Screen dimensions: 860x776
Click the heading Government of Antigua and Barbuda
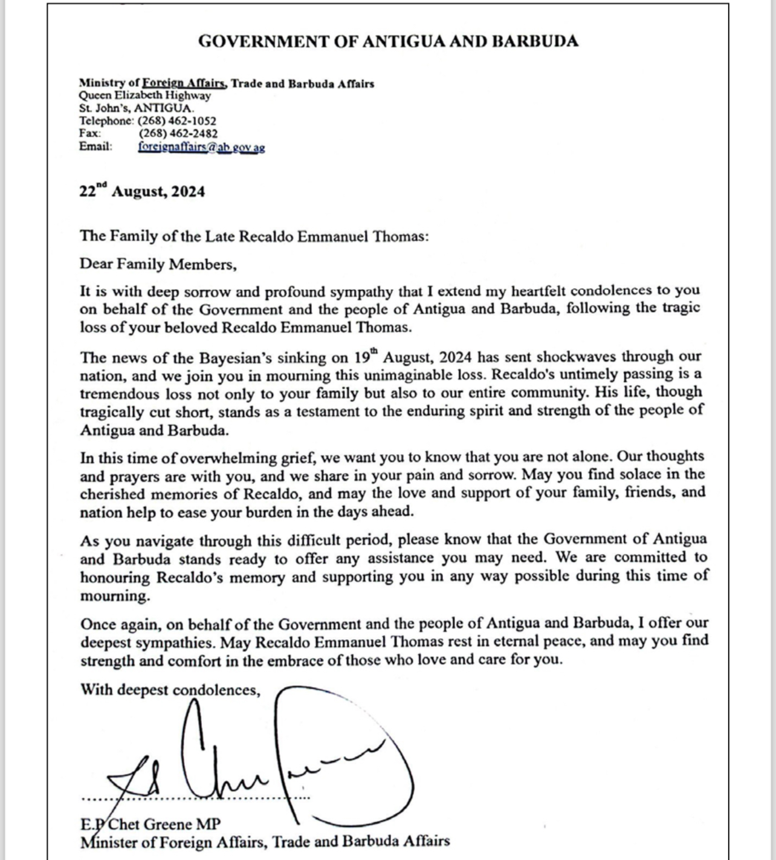coord(388,42)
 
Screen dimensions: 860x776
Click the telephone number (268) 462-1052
coord(177,121)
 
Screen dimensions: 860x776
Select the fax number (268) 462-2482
coord(178,134)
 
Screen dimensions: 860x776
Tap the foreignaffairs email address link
coord(201,147)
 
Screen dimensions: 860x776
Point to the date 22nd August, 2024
coord(142,192)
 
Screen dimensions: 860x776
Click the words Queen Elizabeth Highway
coord(145,96)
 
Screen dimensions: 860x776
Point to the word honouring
coord(115,578)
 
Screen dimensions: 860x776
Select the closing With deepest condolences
coord(170,690)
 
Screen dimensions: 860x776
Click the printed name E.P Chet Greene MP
coord(150,824)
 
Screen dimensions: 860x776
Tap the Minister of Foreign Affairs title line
coord(265,842)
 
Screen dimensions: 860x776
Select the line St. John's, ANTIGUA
coord(137,108)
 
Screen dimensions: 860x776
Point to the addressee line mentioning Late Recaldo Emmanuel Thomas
coord(254,236)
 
